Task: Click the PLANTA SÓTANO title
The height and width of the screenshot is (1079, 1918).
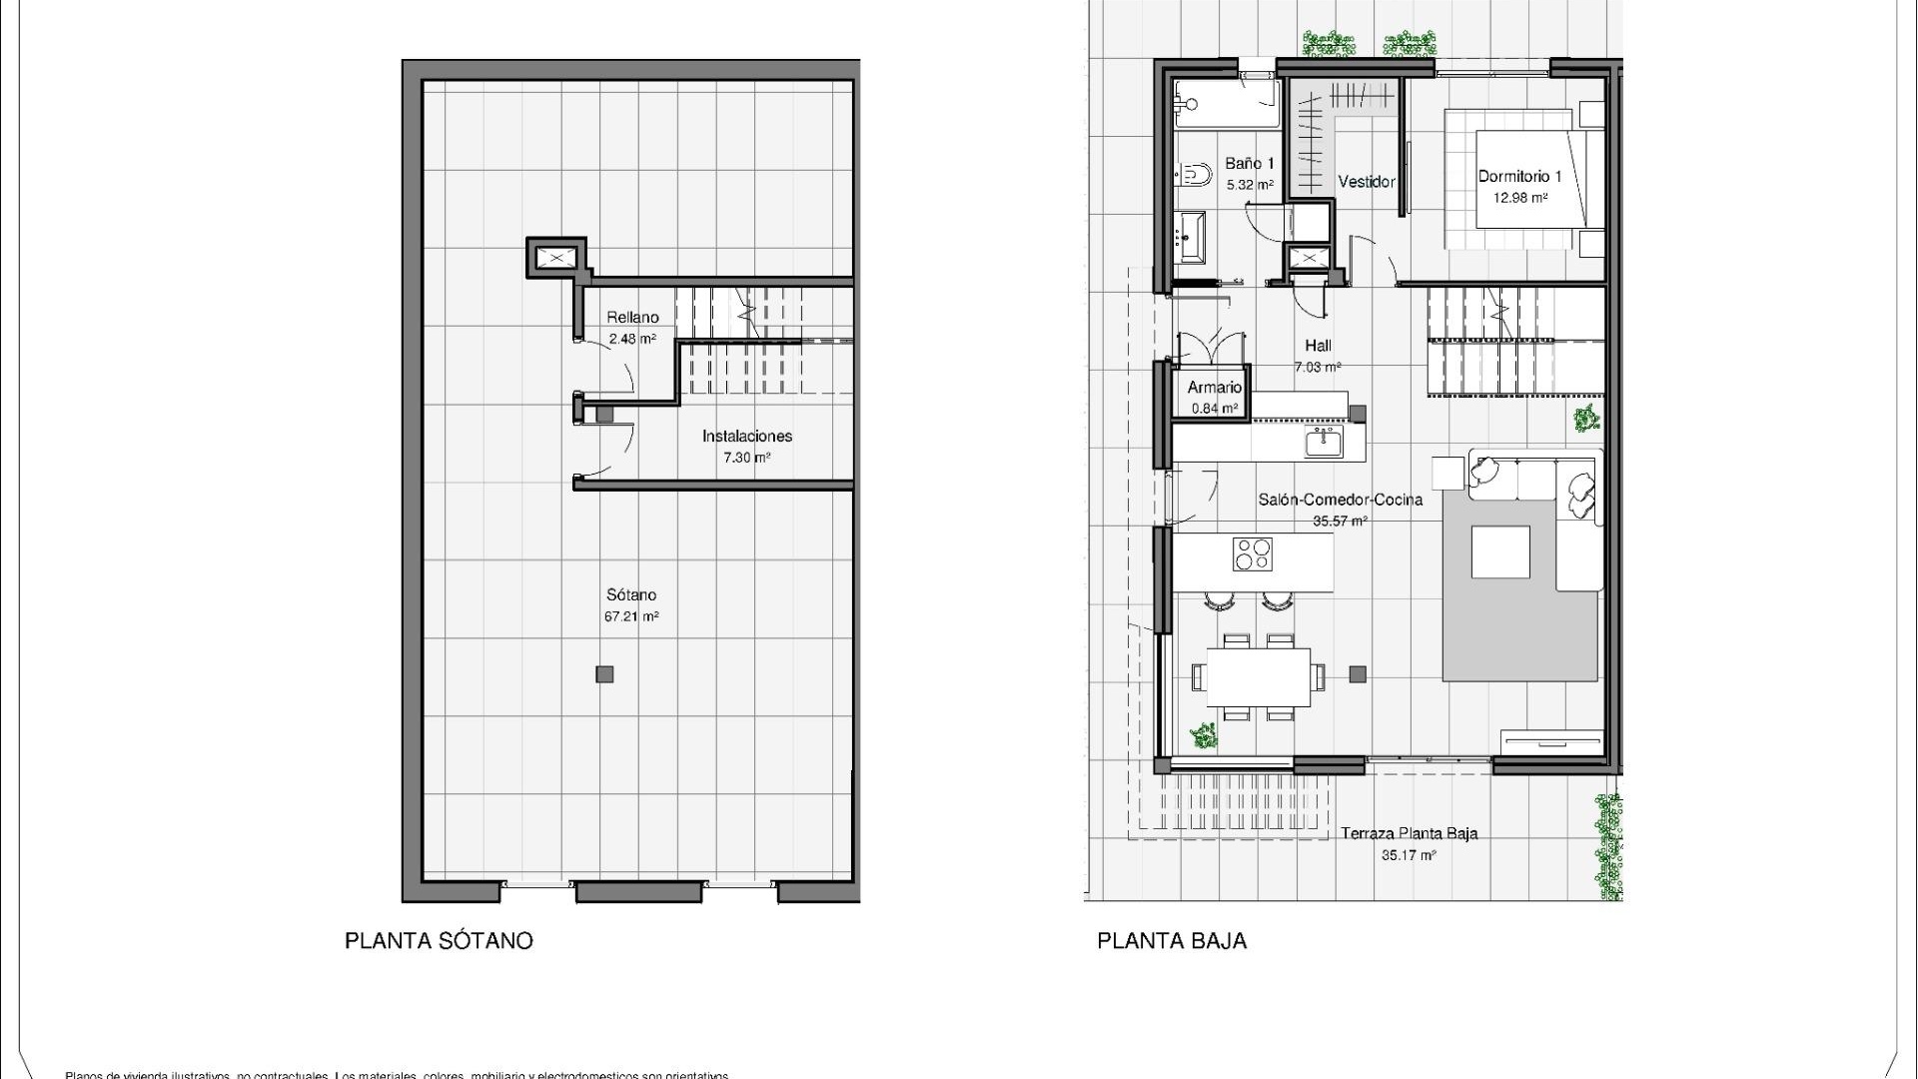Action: coord(439,941)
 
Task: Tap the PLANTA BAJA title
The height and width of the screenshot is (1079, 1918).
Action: coord(1172,941)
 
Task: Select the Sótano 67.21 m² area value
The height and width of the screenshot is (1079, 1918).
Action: coord(630,617)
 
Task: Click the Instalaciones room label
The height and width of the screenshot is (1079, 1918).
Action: coord(746,437)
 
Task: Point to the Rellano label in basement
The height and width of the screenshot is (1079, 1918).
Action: coord(632,318)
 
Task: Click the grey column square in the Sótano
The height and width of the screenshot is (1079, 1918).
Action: coord(604,674)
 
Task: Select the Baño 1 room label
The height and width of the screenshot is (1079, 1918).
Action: coord(1249,164)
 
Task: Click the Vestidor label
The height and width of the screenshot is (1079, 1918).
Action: coord(1366,182)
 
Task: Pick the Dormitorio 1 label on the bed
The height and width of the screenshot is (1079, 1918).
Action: coord(1519,177)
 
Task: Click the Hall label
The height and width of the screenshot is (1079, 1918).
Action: coord(1318,346)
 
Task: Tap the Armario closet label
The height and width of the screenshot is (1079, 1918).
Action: coord(1214,388)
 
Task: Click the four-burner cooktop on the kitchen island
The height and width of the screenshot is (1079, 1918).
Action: coord(1253,554)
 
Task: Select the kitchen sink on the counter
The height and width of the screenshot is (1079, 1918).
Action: coord(1324,441)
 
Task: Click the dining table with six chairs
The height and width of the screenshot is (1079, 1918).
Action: coord(1258,677)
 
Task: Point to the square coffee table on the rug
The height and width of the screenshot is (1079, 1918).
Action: coord(1500,552)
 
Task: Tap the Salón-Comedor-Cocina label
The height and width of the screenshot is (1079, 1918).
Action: coord(1340,500)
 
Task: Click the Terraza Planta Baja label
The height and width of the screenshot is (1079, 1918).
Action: coord(1409,833)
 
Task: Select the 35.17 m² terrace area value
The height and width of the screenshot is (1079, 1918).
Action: coord(1409,856)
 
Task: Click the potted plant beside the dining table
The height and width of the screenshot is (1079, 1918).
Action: coord(1204,736)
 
